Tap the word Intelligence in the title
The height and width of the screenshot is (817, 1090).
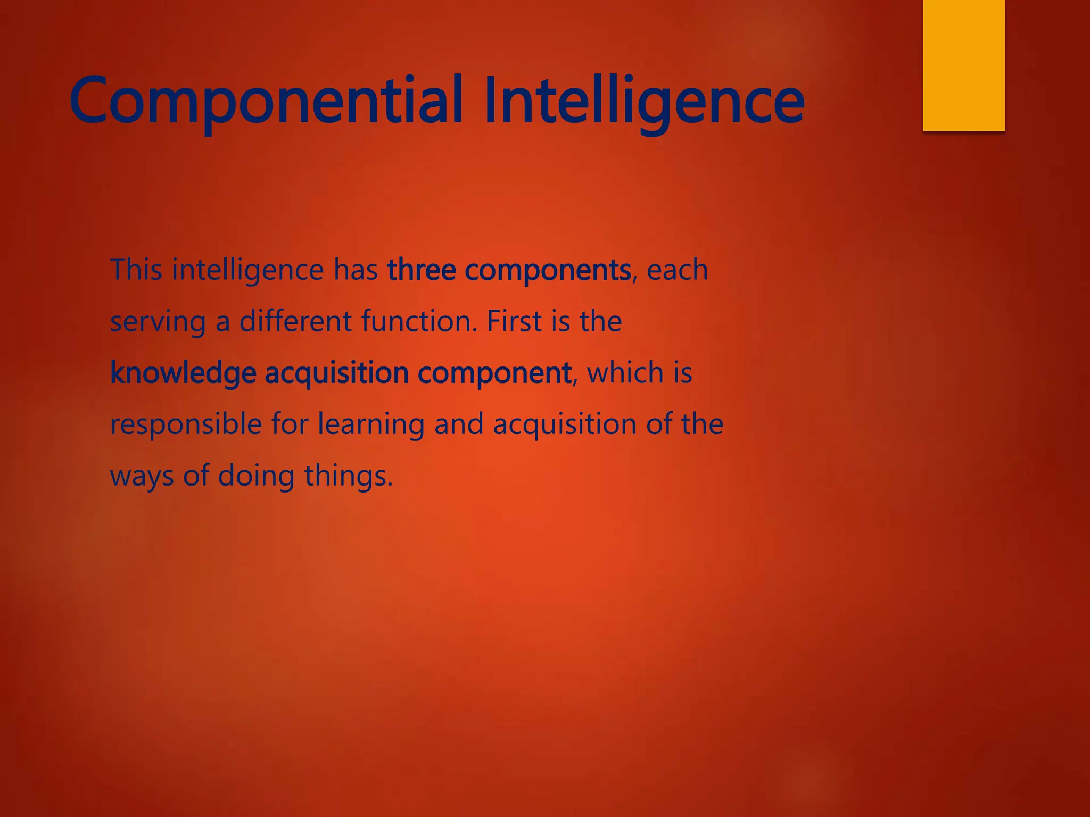click(643, 101)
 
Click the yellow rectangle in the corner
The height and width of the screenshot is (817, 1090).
click(963, 65)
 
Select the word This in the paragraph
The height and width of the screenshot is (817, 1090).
click(136, 269)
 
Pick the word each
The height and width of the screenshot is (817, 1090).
click(677, 270)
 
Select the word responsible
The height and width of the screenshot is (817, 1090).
click(186, 424)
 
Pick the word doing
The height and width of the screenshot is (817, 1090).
click(256, 476)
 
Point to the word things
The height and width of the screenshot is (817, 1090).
click(348, 476)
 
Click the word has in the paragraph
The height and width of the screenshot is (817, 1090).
click(356, 269)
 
